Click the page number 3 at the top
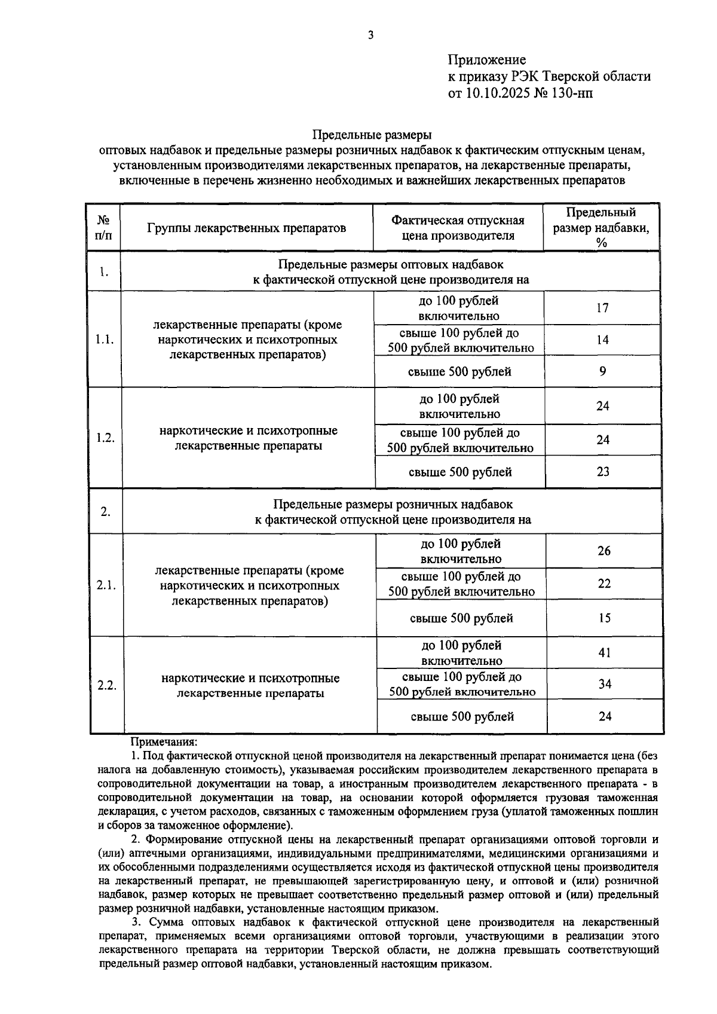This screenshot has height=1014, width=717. [x=370, y=35]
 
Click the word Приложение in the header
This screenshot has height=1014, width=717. [x=486, y=60]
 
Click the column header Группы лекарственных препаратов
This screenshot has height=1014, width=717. [x=247, y=228]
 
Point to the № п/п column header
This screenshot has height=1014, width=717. [x=103, y=228]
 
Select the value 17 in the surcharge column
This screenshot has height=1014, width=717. [x=602, y=308]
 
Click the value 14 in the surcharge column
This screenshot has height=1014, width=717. [x=602, y=340]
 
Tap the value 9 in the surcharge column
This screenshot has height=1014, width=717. [x=603, y=371]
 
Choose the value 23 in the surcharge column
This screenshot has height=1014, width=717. [x=603, y=472]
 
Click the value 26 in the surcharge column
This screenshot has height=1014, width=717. [x=604, y=551]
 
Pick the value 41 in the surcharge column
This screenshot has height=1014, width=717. [x=605, y=652]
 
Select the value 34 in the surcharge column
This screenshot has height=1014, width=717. [x=605, y=684]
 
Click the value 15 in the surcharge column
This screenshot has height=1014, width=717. [x=605, y=618]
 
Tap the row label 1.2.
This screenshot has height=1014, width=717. [x=105, y=438]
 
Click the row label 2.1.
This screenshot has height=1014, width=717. [x=106, y=585]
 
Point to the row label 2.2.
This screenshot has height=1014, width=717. [x=106, y=685]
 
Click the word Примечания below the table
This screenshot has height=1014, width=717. [x=163, y=743]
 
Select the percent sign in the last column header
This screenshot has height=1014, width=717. [x=601, y=243]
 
